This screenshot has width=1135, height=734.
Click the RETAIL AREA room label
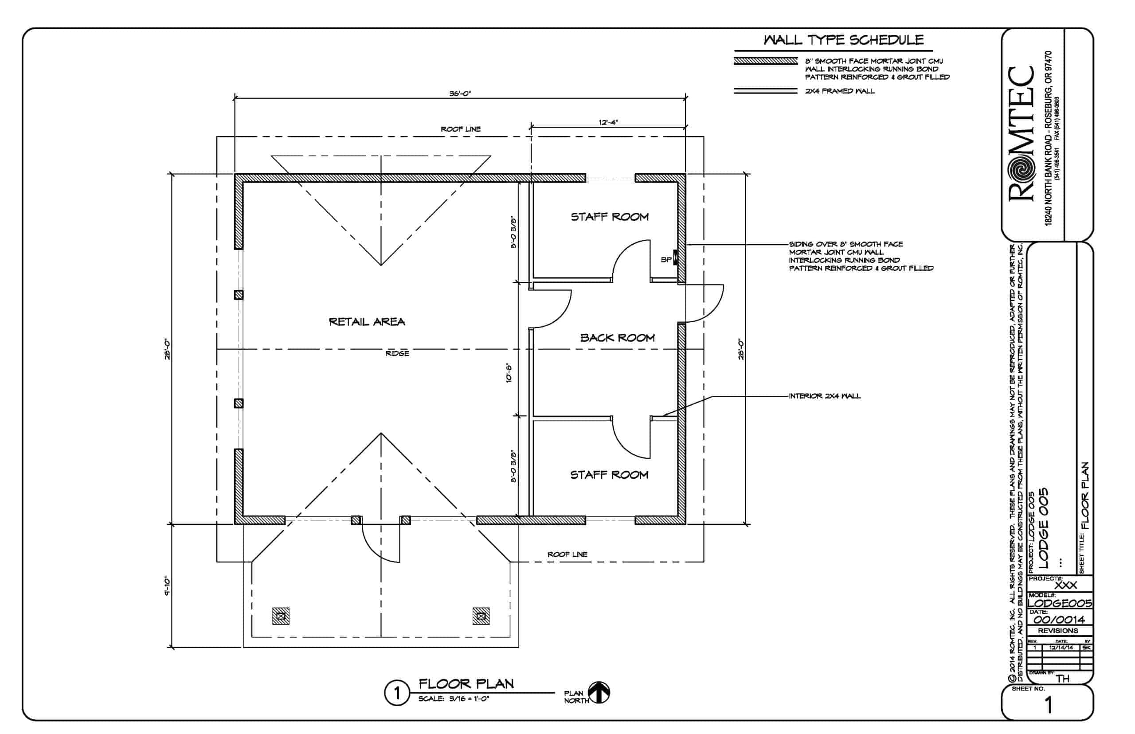[367, 322]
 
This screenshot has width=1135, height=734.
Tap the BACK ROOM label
[617, 338]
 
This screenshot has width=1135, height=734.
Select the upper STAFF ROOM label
[610, 217]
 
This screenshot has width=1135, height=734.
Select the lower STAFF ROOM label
[609, 475]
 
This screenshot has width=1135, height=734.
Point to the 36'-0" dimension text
[459, 94]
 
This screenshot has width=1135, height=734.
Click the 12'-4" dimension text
[608, 122]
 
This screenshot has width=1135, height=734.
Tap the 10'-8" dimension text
[509, 373]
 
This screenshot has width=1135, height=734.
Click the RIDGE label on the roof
[397, 353]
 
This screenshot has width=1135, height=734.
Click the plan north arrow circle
[599, 693]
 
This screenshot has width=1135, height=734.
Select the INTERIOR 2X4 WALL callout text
[824, 396]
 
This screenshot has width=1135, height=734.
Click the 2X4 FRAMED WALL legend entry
[840, 91]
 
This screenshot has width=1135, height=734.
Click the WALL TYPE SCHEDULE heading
[843, 40]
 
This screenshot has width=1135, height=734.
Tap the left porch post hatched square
[281, 616]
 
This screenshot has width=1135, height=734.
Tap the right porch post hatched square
[481, 616]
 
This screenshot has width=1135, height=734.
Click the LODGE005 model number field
[1059, 603]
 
